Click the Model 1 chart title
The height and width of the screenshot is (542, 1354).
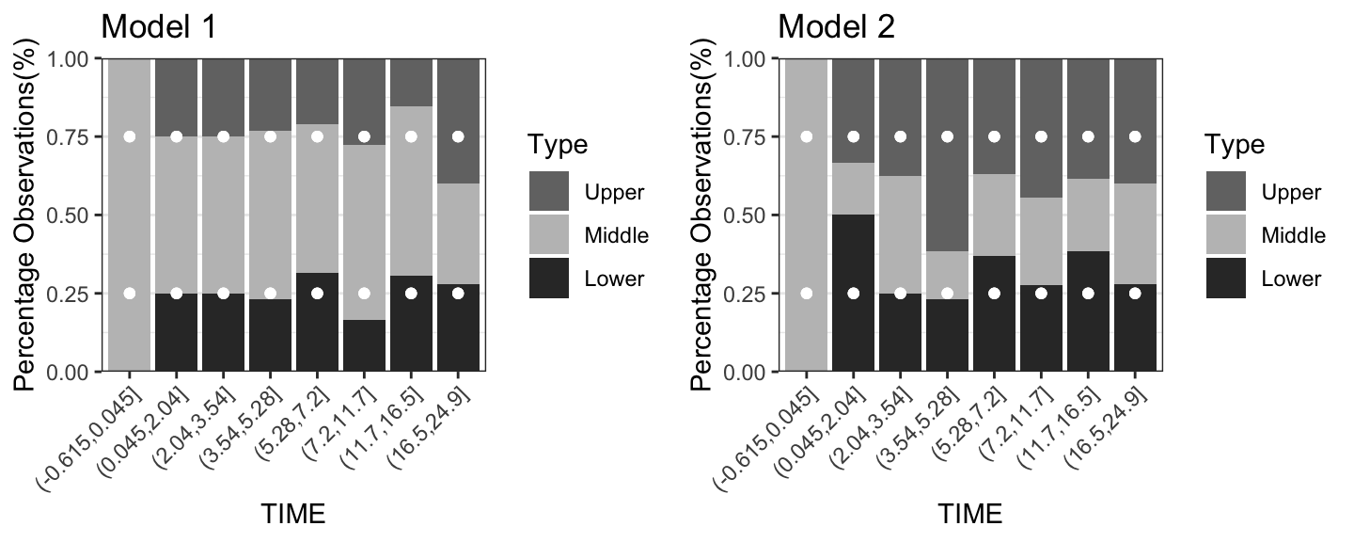[159, 26]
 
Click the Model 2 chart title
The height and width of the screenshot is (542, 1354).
[836, 26]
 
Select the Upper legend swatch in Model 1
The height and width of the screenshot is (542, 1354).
[548, 192]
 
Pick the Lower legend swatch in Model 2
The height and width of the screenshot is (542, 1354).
[1225, 279]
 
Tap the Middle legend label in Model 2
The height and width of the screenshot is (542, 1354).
[1293, 235]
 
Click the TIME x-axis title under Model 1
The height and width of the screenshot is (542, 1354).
[293, 514]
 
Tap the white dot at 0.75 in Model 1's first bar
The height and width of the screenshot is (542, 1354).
[130, 136]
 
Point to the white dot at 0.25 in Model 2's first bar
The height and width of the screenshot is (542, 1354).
[806, 294]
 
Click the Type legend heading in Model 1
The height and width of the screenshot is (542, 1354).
[558, 145]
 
